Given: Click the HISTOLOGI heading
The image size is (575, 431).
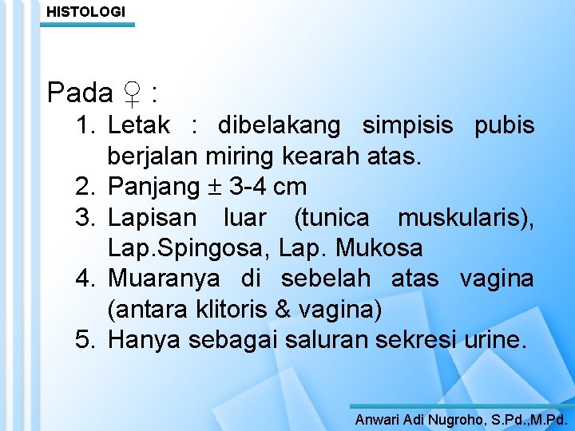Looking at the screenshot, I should [85, 11].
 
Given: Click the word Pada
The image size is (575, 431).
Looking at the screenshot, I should [80, 93].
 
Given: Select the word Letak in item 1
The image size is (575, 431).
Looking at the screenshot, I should [138, 125].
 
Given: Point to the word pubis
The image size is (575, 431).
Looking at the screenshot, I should [505, 125].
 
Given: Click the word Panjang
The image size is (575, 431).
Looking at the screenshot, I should [153, 187].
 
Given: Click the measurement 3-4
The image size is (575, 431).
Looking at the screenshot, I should [248, 187].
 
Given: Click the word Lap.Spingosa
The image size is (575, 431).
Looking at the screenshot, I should [188, 247].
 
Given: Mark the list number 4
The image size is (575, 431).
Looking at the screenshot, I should [85, 279].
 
